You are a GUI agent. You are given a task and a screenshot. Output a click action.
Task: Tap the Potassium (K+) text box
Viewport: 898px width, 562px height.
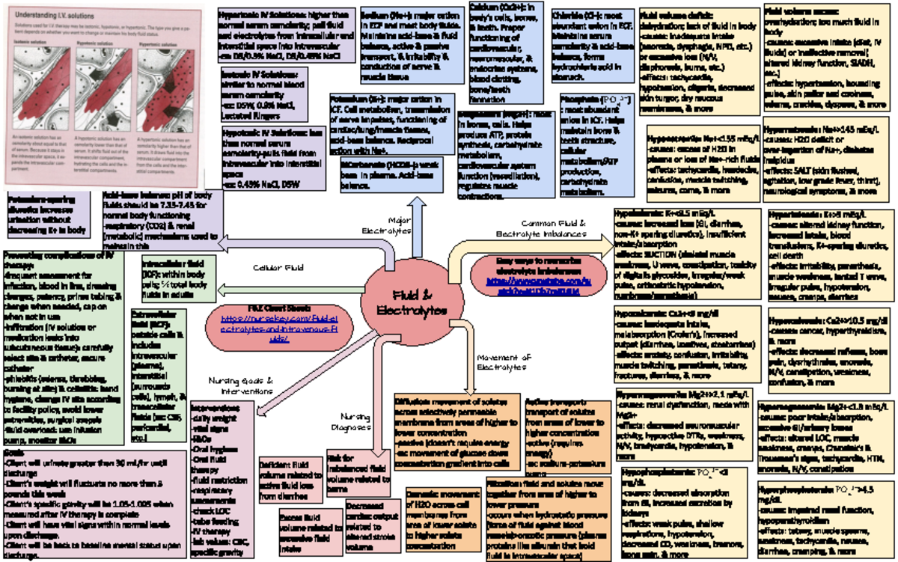(x=391, y=123)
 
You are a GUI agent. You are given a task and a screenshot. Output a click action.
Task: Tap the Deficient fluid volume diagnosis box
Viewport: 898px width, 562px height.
(x=288, y=477)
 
